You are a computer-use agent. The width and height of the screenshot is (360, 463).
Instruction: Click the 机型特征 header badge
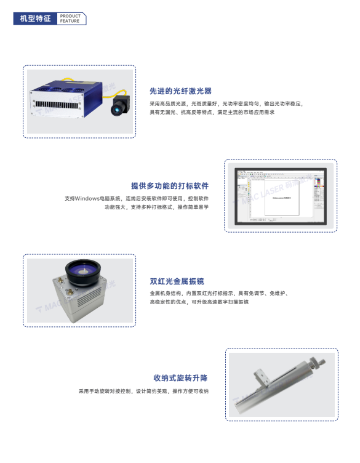point(36,19)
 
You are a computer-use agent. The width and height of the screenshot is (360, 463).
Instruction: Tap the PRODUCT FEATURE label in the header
point(70,19)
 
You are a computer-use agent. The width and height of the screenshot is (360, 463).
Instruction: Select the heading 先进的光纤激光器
point(180,91)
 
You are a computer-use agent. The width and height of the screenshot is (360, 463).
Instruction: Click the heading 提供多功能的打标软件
point(169,185)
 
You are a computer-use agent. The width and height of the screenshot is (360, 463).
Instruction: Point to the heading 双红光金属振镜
point(177,281)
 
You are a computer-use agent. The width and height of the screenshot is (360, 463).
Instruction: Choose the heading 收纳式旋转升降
point(180,377)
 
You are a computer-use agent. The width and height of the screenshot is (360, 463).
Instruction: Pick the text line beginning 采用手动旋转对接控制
point(143,391)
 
